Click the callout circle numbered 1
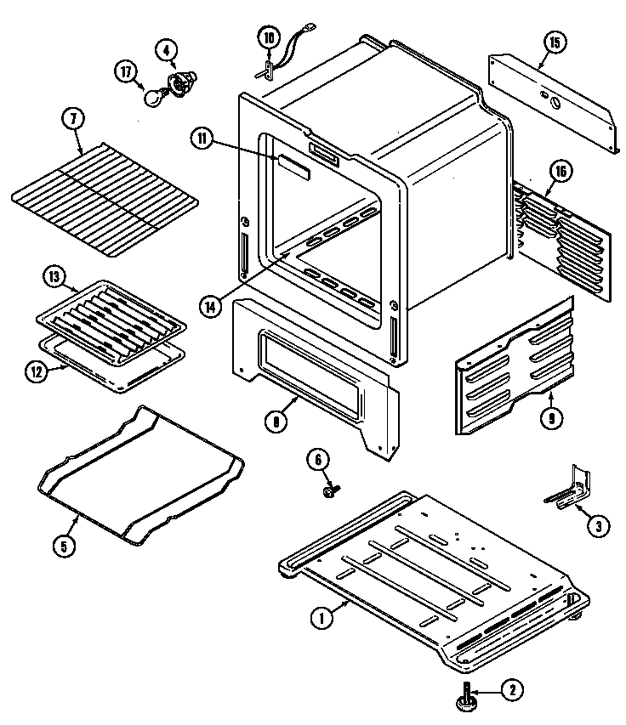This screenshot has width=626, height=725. point(322,620)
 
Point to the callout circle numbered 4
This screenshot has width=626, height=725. point(164,49)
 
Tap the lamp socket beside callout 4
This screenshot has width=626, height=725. point(180,83)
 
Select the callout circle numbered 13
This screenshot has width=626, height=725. point(53,277)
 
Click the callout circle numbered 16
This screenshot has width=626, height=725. point(558,171)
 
